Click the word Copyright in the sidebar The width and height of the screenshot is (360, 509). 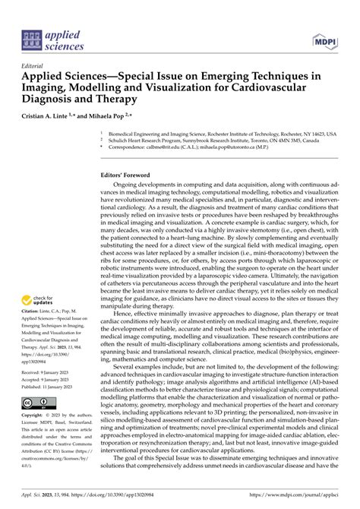point(33,416)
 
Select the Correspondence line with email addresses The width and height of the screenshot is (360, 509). point(205,147)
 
